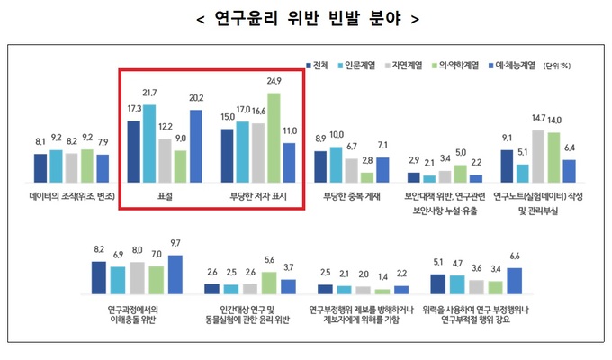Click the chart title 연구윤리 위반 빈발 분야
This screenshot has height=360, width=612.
point(307,18)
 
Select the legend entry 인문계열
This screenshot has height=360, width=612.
point(362,66)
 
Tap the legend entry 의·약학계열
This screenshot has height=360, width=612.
point(462,66)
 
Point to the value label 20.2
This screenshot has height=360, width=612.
point(195,99)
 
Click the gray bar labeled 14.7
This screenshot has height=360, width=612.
point(537,157)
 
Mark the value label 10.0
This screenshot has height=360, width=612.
point(336,135)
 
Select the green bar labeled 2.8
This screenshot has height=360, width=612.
point(366,175)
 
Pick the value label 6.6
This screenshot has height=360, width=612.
point(514,256)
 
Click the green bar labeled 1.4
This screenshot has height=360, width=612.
point(382,291)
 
